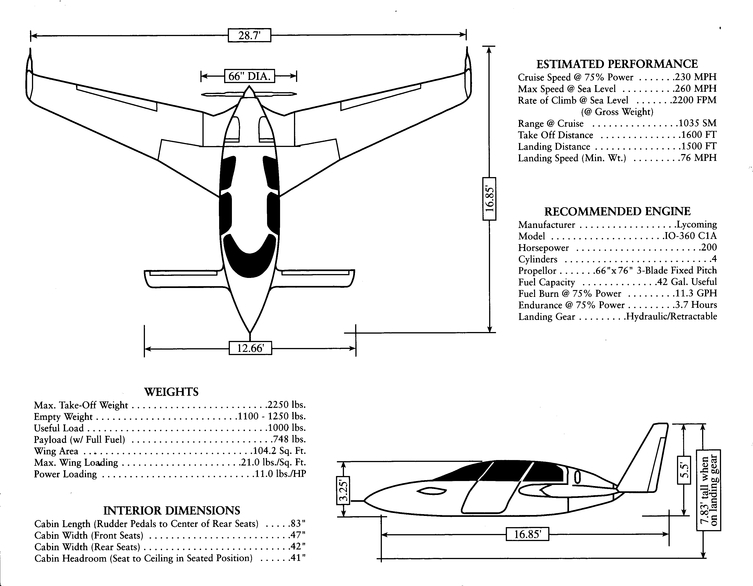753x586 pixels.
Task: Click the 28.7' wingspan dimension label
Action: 249,35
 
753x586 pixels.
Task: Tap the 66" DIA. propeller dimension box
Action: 249,76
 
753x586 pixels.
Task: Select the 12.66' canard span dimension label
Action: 250,348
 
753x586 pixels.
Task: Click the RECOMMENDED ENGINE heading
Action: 617,211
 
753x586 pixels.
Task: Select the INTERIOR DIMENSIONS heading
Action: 171,510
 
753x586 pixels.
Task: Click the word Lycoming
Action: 696,224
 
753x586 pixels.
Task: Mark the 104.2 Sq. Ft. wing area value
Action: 280,451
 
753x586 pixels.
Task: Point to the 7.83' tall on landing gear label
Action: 708,490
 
